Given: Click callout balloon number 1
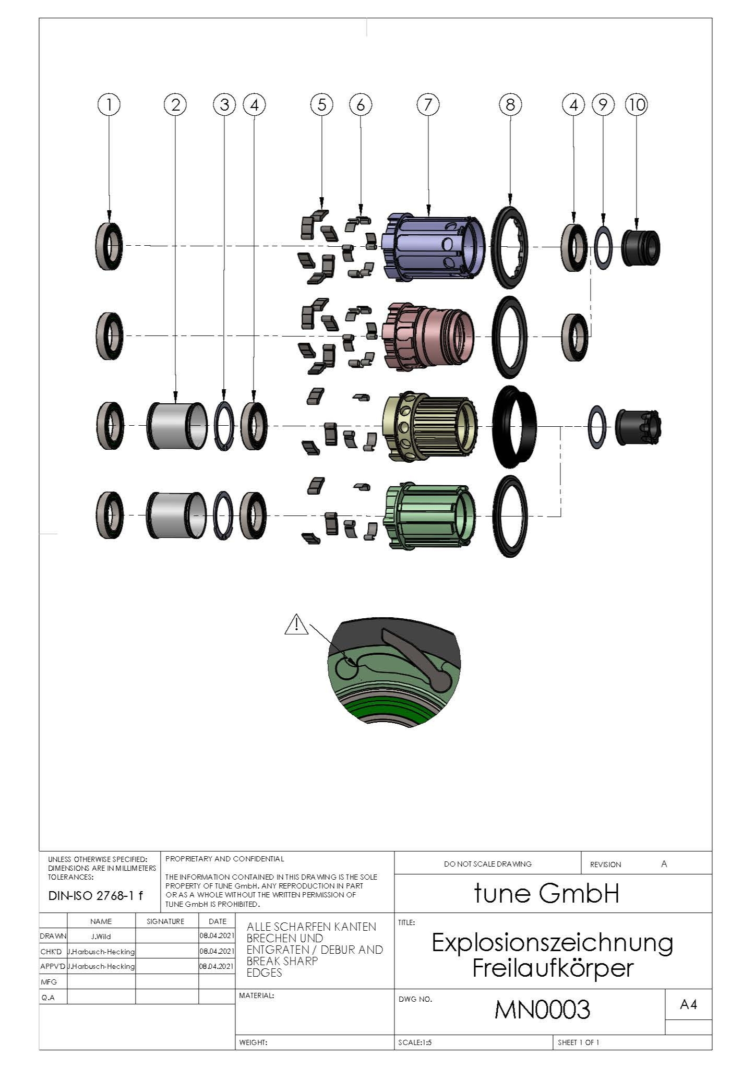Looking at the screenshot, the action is [x=109, y=104].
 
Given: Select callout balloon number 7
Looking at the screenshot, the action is [x=428, y=104].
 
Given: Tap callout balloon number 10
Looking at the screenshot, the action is [x=637, y=105].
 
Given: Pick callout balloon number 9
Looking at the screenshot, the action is [x=603, y=105].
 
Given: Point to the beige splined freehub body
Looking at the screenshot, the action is [x=430, y=426].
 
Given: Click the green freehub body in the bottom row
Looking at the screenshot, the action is [x=430, y=516].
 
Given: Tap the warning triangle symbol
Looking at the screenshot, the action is [x=296, y=625].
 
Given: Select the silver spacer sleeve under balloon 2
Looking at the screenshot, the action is [x=176, y=426].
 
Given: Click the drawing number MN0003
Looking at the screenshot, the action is [x=542, y=1010].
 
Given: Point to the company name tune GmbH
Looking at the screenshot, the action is [x=546, y=893].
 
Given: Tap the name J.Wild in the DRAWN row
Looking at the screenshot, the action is [x=101, y=936].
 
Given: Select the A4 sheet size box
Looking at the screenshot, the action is [x=689, y=1004].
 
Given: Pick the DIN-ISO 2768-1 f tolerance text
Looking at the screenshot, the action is [x=95, y=896].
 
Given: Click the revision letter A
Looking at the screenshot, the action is [x=664, y=864].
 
